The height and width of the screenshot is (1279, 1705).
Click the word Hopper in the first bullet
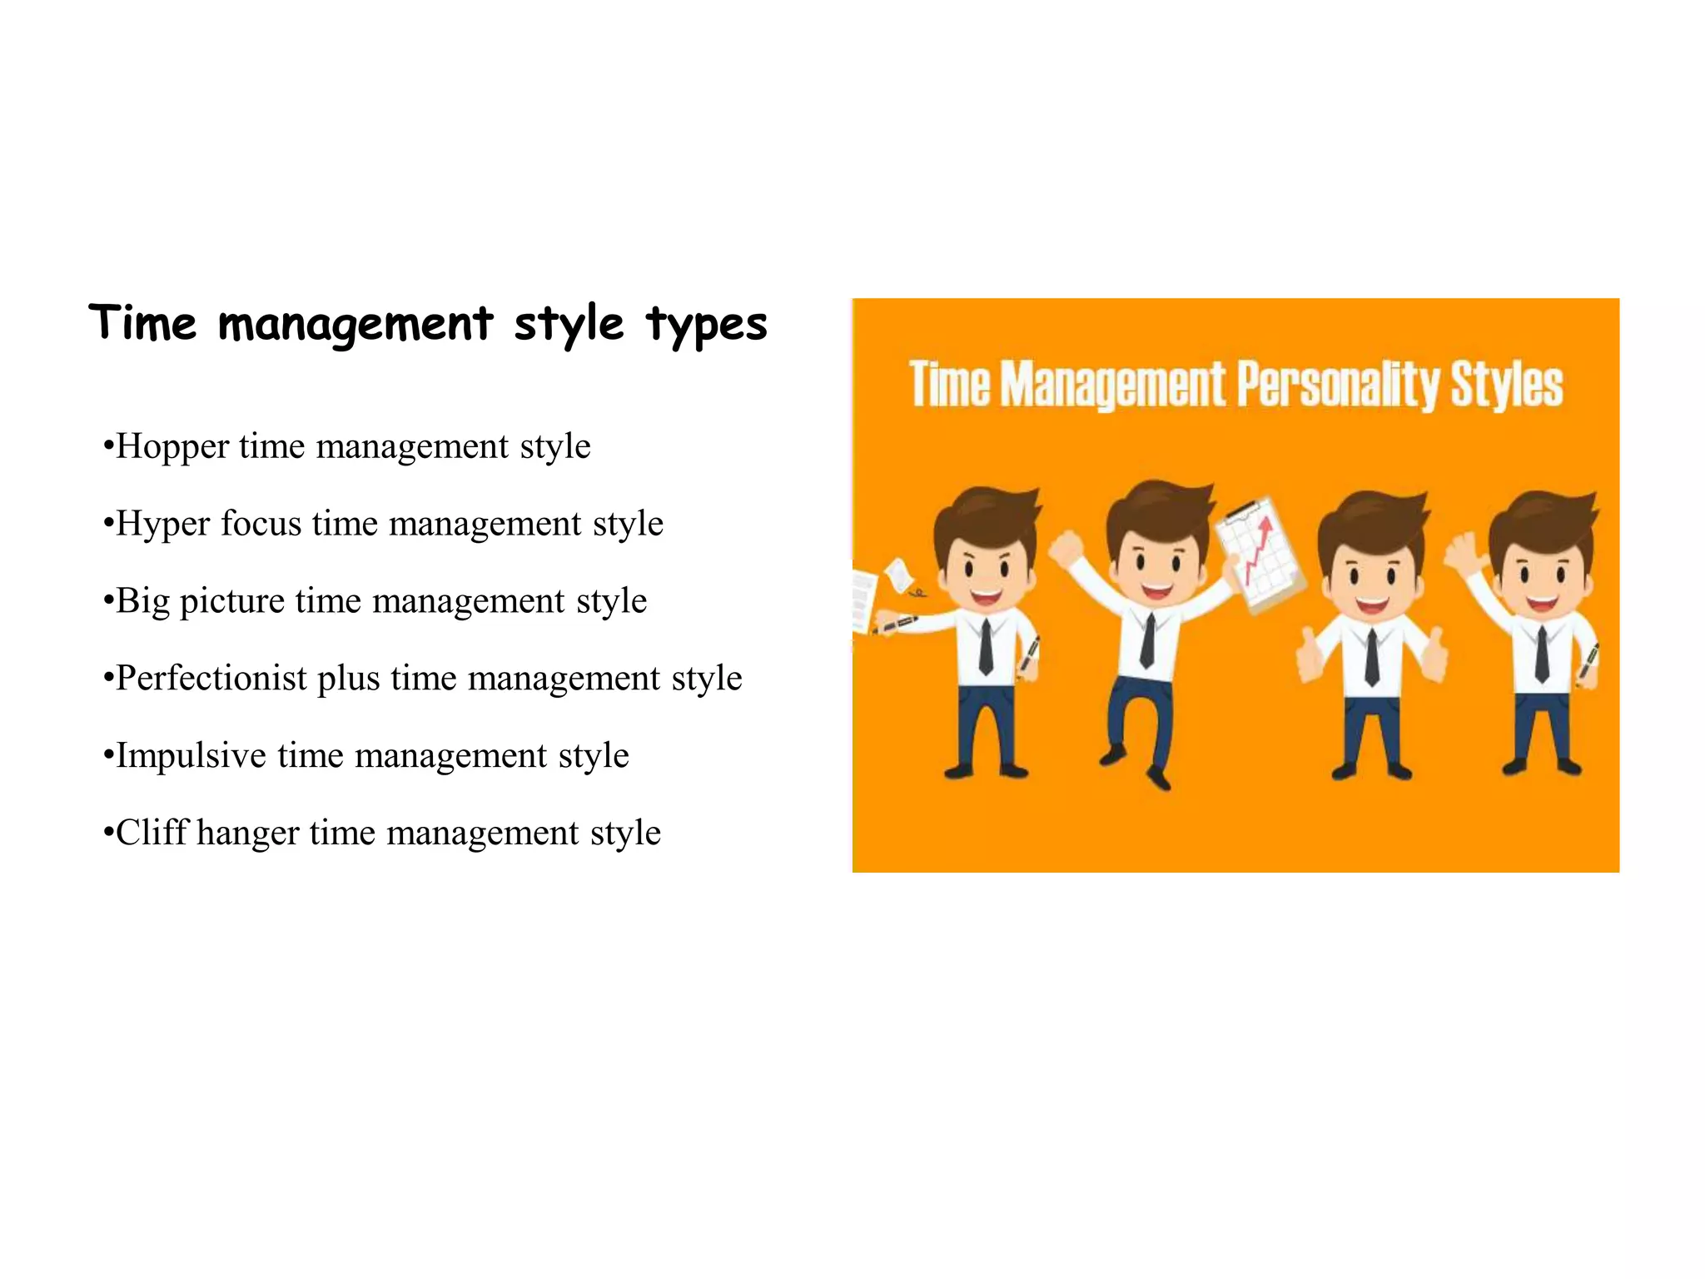pos(172,447)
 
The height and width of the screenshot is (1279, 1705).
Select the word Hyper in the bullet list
pos(162,525)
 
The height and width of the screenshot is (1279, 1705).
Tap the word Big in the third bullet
pos(142,601)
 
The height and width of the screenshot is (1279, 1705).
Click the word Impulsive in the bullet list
pos(191,755)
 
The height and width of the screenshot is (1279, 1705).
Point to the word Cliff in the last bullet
pos(152,832)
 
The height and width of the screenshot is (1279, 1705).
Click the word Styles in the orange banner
pos(1507,385)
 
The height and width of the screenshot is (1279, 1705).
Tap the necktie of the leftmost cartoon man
pos(986,646)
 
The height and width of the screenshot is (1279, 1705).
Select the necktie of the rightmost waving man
pos(1542,653)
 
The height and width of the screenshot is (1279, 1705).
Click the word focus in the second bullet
pos(261,525)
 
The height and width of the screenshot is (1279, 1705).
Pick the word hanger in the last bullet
pos(247,832)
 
